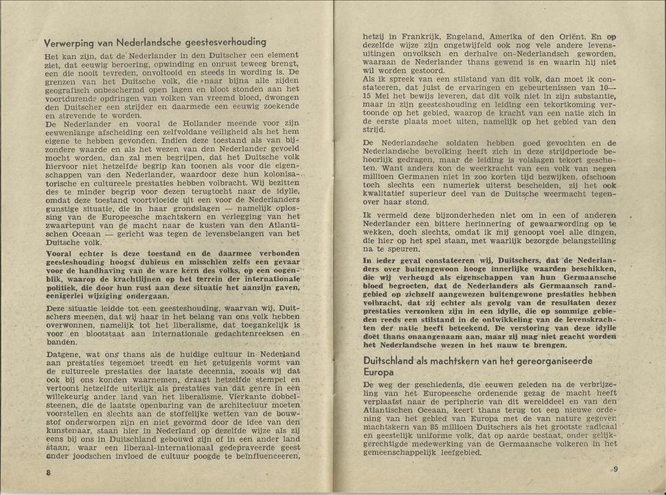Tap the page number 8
(x=48, y=472)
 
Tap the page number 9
(x=615, y=468)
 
